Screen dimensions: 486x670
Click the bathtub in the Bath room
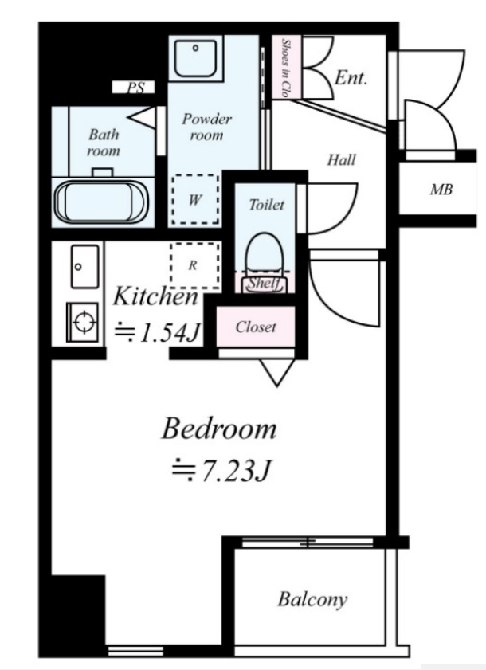tap(101, 202)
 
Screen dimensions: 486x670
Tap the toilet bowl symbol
tap(265, 257)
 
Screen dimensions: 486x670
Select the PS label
tap(135, 88)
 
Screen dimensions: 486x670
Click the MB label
tap(441, 190)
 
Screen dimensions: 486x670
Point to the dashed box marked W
tap(195, 199)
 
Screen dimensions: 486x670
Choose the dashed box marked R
tap(195, 265)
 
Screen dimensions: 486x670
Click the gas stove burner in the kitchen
tap(84, 321)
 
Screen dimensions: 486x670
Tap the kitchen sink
tap(84, 267)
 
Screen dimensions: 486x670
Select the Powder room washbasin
tap(195, 58)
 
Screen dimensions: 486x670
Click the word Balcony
tap(312, 599)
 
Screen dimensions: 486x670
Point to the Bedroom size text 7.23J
tap(221, 471)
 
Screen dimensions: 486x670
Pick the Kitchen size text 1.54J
tap(158, 332)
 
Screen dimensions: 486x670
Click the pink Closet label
tap(256, 327)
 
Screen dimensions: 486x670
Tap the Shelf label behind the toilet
tap(265, 283)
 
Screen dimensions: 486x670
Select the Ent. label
tap(351, 78)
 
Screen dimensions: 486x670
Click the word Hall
tap(342, 160)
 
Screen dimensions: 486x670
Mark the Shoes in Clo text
tap(285, 68)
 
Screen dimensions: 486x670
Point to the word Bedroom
tap(219, 429)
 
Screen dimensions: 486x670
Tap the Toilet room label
tap(267, 205)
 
